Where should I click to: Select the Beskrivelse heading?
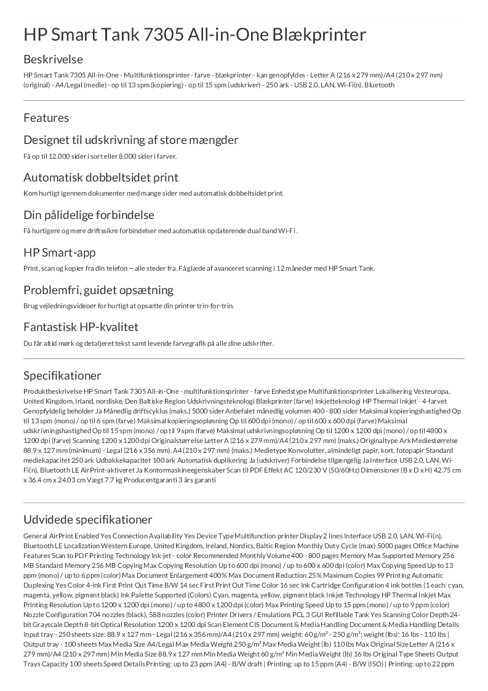53,60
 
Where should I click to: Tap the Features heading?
46,118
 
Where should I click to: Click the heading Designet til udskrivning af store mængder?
130,140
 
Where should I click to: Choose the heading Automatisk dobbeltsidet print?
101,177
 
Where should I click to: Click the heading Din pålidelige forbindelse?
89,215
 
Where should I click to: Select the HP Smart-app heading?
59,252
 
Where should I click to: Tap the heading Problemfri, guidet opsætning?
98,290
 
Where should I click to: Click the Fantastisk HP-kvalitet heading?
81,327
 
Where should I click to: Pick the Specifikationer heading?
62,375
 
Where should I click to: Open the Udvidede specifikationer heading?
87,520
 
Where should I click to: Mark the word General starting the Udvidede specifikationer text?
34,536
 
